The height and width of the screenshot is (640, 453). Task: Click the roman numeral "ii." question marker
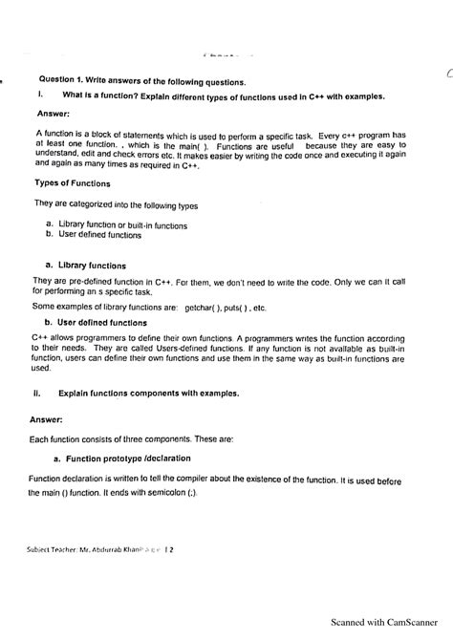click(35, 392)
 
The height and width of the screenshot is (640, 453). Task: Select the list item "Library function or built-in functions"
click(122, 225)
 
